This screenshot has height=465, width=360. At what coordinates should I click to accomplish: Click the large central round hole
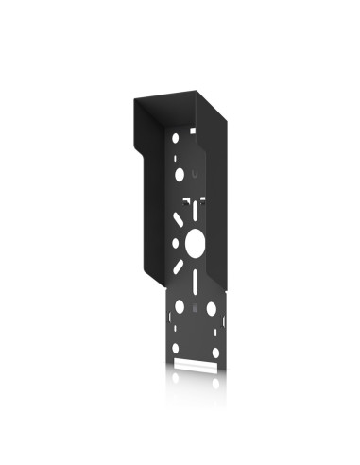point(195,241)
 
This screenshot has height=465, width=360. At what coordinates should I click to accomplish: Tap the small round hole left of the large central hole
point(176,243)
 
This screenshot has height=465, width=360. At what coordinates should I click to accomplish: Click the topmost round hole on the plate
point(176,138)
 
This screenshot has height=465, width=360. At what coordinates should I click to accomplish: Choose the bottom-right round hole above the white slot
point(215,351)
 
